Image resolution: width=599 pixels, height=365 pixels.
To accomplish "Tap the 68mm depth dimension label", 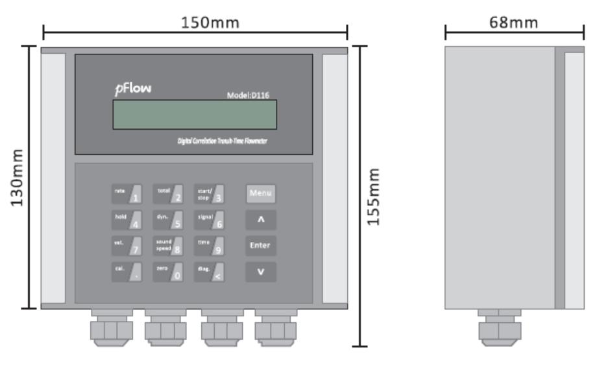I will pyautogui.click(x=514, y=23).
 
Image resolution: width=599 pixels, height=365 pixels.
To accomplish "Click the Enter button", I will pyautogui.click(x=260, y=246).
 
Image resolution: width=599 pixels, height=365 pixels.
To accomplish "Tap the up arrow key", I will pyautogui.click(x=260, y=220).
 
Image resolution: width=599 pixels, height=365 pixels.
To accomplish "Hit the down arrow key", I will pyautogui.click(x=260, y=272).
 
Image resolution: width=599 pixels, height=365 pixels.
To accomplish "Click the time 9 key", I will pyautogui.click(x=210, y=246).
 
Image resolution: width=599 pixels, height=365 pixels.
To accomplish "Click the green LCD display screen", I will pyautogui.click(x=194, y=115).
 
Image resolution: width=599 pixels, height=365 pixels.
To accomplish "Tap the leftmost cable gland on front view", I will pyautogui.click(x=111, y=328).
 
